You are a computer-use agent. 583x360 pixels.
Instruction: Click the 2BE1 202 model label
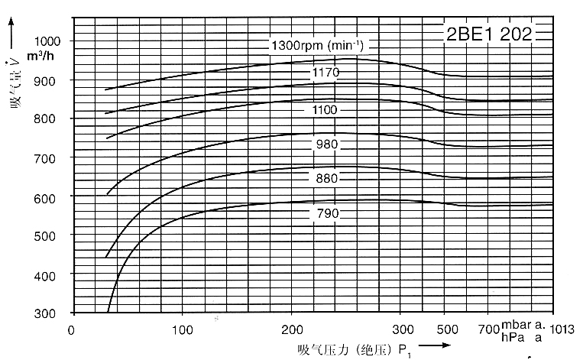point(489,33)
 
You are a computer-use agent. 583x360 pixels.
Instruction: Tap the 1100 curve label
point(325,109)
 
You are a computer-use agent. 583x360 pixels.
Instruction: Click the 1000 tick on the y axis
point(51,41)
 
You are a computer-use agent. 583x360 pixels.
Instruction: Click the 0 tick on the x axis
point(72,330)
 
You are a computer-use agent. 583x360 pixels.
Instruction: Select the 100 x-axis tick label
point(182,330)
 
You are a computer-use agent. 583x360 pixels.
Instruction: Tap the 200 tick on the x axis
point(292,330)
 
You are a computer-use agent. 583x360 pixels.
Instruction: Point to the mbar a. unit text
point(523,326)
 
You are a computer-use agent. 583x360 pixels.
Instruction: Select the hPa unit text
point(511,336)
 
